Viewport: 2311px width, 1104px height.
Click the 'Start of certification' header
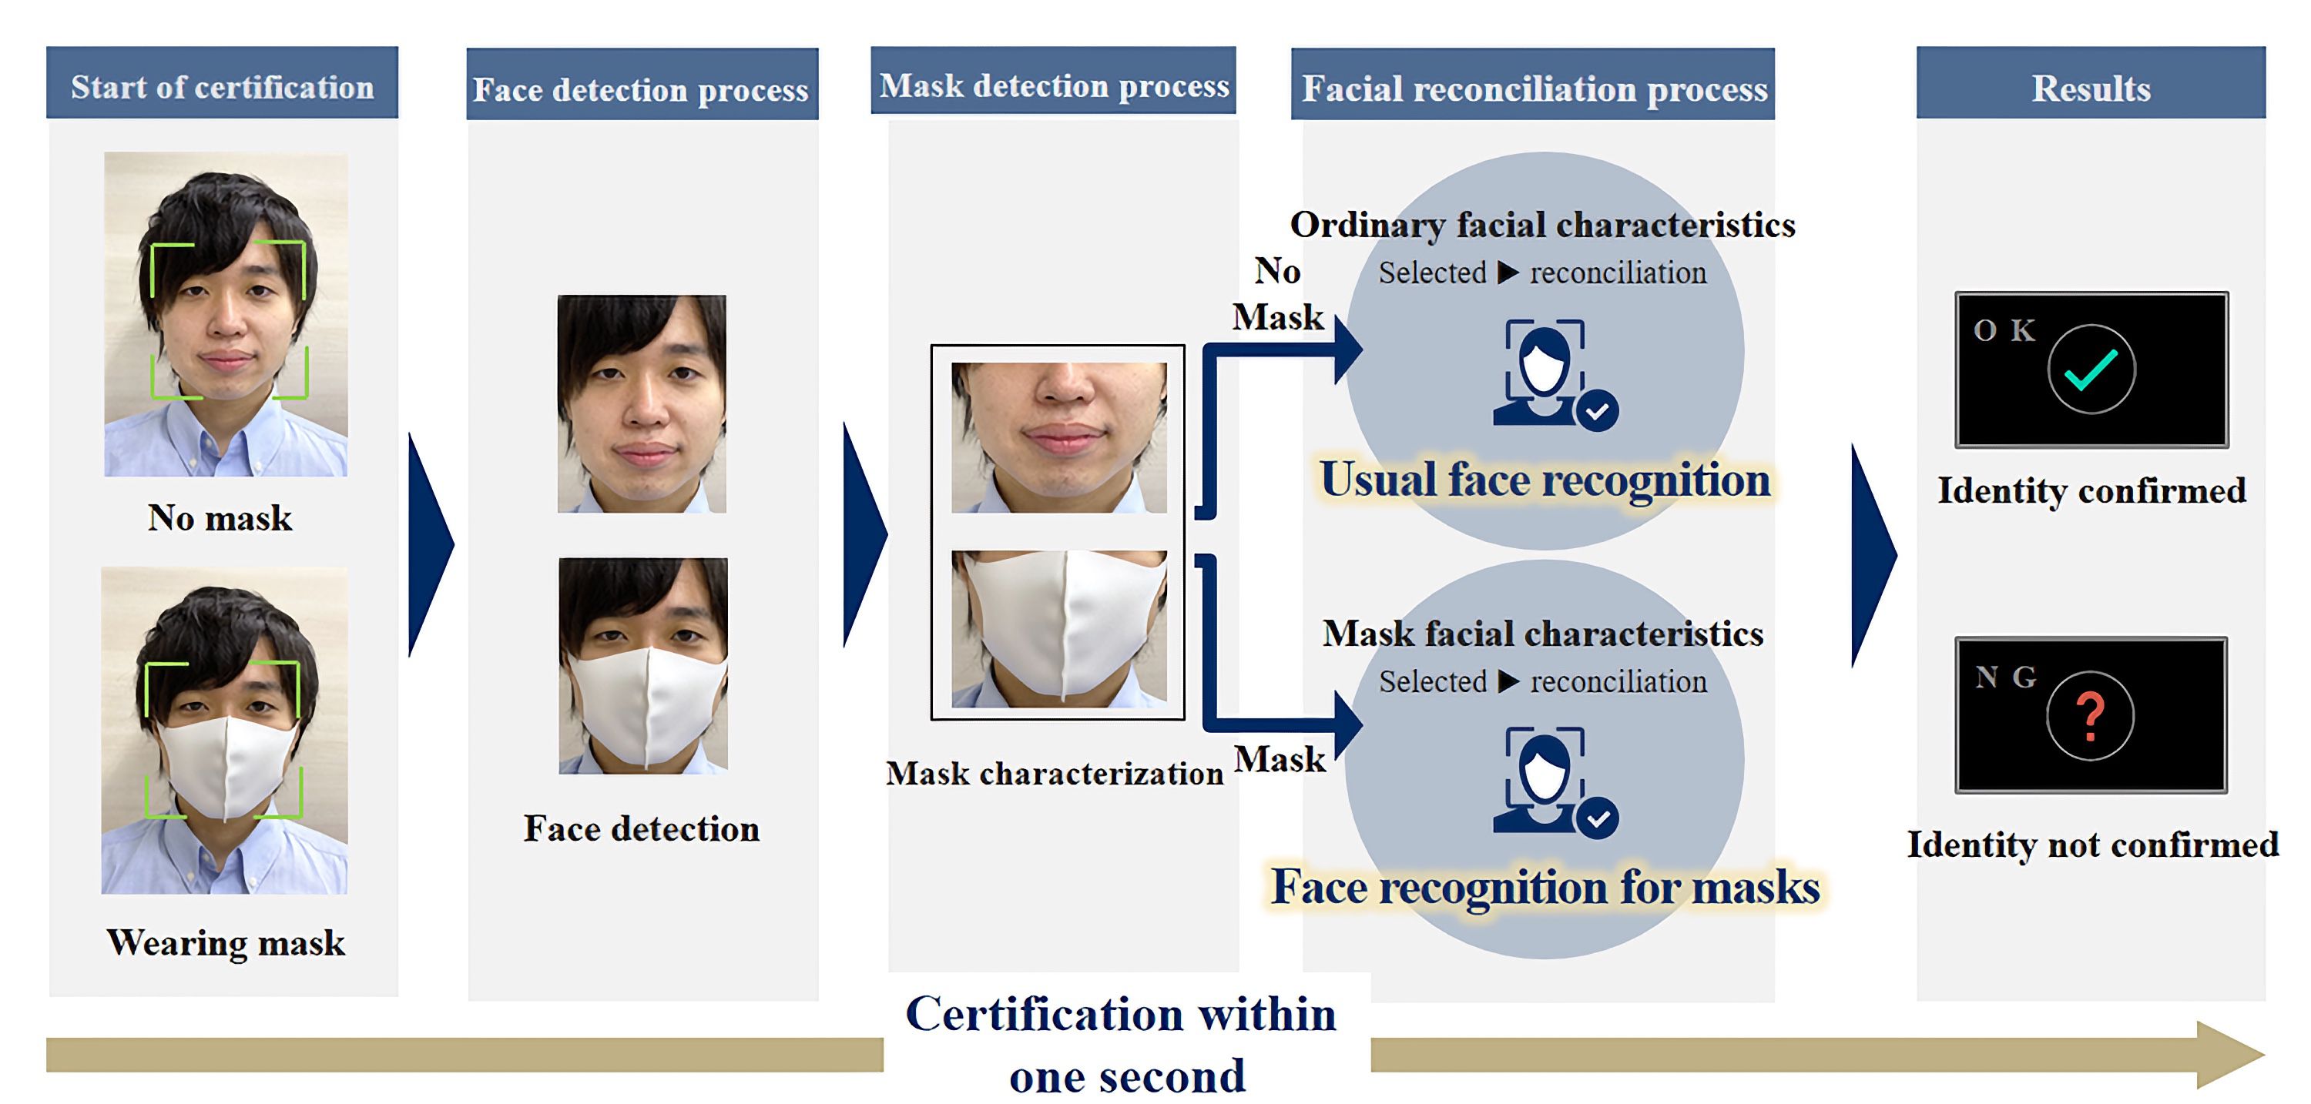coord(222,86)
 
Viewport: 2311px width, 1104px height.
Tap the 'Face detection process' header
coord(641,89)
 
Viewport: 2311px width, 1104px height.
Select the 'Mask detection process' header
coord(1053,85)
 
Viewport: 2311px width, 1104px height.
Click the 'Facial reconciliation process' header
coord(1534,88)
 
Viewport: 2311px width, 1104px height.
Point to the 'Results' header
coord(2091,88)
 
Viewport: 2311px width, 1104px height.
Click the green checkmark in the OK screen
coord(2091,370)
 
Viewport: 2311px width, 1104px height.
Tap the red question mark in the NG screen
coord(2091,716)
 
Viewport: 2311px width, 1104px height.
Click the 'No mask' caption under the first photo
coord(220,517)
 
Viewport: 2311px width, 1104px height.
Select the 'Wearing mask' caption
coord(225,942)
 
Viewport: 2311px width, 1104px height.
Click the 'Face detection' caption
coord(642,828)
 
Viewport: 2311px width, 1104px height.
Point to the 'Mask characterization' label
coord(1054,773)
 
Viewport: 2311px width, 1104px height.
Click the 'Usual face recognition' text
coord(1545,479)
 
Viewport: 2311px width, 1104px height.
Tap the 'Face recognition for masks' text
coord(1545,887)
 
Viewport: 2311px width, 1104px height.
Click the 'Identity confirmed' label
coord(2091,490)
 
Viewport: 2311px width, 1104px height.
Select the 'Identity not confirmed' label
coord(2092,844)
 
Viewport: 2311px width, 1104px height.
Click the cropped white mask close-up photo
coord(1058,629)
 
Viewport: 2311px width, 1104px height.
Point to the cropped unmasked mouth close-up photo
coord(1058,437)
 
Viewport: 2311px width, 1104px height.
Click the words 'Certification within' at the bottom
coord(1121,1015)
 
